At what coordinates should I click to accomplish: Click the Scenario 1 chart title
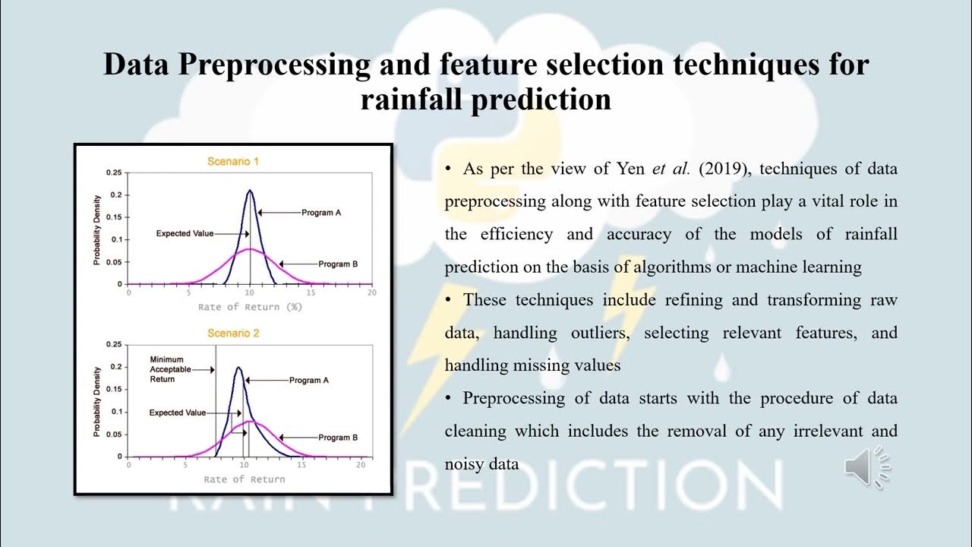pos(234,161)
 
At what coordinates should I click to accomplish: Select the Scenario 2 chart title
pos(234,333)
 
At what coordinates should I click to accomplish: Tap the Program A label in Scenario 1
pos(321,213)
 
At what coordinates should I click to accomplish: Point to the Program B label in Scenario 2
pos(338,438)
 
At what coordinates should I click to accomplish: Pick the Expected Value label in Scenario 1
pos(185,233)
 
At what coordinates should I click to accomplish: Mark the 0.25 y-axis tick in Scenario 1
pos(113,172)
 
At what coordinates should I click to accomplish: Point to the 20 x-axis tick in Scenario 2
pos(361,464)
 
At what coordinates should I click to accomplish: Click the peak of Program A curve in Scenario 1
pos(250,191)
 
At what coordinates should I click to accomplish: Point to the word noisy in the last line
pos(466,463)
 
